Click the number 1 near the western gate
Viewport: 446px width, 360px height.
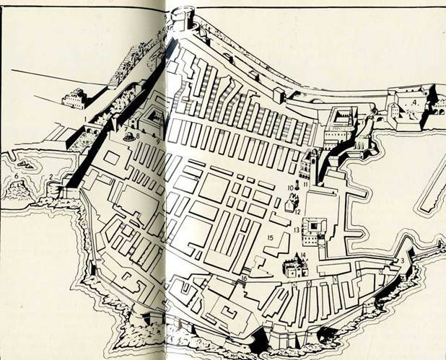tap(84, 118)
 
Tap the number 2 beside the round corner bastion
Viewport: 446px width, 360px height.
tap(50, 177)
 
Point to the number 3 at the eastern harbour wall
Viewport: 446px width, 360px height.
tap(401, 260)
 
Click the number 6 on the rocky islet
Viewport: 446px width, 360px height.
tap(16, 175)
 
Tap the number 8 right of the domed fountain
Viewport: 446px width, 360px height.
tap(137, 136)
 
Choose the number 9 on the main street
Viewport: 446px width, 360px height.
tap(158, 141)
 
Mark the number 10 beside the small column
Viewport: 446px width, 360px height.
tap(289, 188)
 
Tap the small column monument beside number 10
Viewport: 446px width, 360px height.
tap(297, 187)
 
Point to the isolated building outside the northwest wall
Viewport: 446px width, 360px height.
tap(74, 99)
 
